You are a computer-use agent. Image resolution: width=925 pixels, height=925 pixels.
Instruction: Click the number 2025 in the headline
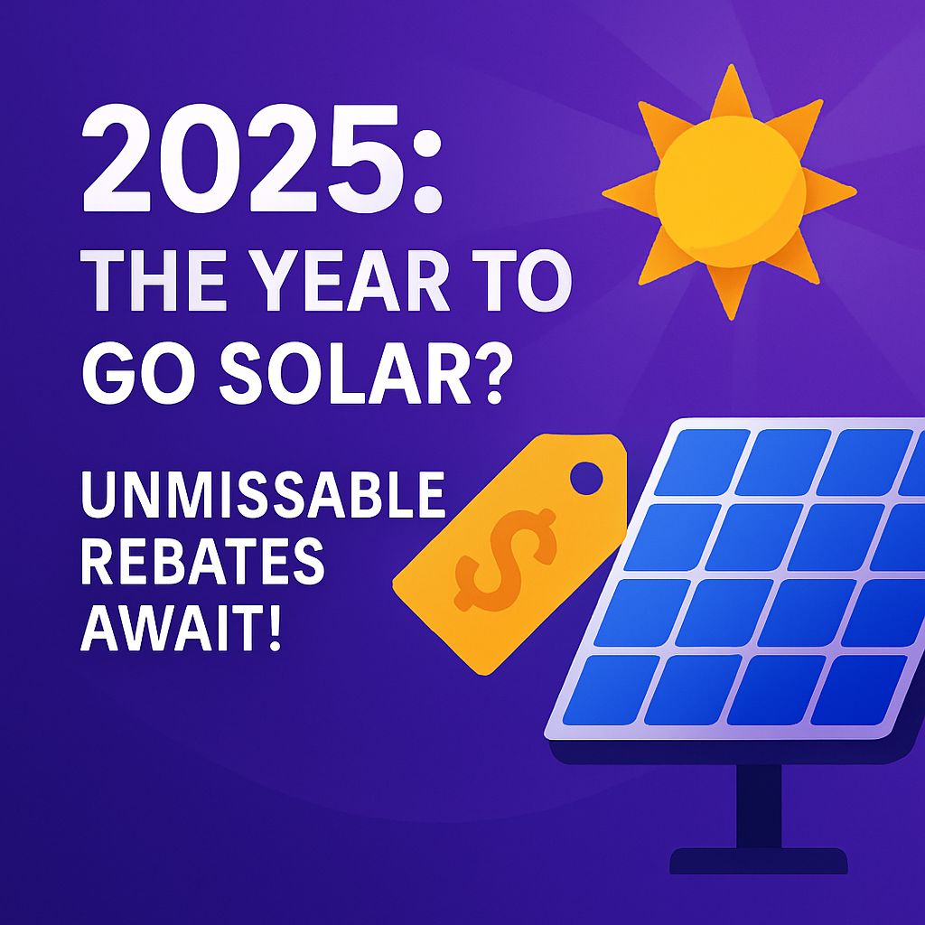(243, 158)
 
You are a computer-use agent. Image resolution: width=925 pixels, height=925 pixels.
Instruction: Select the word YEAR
(349, 281)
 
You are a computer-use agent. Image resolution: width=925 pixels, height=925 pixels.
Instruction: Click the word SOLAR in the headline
(345, 373)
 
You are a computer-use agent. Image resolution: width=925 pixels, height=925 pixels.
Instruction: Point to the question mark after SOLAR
(495, 373)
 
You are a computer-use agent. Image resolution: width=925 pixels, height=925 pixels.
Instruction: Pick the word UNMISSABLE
(263, 494)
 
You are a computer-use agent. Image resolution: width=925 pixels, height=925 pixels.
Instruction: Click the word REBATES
(202, 561)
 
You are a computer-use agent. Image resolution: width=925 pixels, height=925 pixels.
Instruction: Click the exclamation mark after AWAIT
(275, 627)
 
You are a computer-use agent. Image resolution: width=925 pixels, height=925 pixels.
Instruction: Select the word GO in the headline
(138, 373)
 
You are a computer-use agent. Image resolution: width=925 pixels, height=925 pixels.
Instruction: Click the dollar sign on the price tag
(506, 559)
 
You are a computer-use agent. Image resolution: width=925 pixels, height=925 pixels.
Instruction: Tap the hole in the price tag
(585, 478)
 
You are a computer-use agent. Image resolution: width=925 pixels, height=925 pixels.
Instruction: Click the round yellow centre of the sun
(730, 192)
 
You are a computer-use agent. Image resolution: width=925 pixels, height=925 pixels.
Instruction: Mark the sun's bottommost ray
(730, 292)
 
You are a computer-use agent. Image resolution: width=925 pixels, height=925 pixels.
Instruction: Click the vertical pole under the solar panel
(759, 806)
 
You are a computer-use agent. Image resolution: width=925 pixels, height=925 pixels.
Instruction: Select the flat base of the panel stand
(759, 861)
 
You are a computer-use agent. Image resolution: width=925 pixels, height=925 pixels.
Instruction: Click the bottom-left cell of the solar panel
(612, 689)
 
